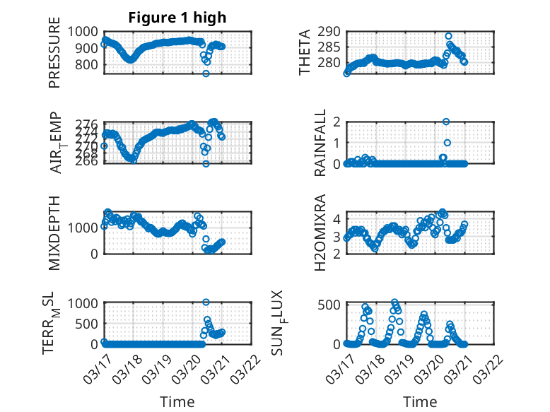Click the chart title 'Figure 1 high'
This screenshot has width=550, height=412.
[x=177, y=18]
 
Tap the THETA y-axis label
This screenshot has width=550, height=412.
[x=305, y=53]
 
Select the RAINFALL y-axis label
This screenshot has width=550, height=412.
[x=320, y=143]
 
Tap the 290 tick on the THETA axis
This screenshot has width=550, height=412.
[x=330, y=31]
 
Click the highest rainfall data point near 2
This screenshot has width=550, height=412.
[x=446, y=122]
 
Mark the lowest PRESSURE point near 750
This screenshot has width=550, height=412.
[x=206, y=73]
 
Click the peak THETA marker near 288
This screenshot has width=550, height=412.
[x=448, y=35]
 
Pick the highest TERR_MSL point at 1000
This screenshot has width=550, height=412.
[x=206, y=302]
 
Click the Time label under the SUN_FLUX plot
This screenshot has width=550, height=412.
[x=420, y=401]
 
